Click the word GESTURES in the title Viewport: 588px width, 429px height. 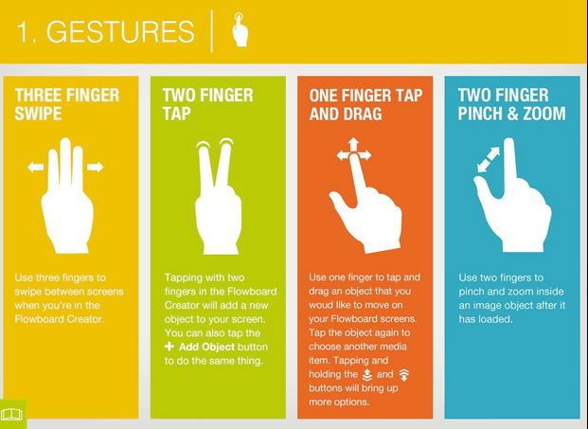[x=120, y=31]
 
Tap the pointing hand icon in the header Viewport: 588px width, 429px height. [x=240, y=29]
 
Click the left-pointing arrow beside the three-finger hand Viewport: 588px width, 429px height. [x=35, y=167]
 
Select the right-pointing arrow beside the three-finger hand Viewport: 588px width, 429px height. [x=96, y=167]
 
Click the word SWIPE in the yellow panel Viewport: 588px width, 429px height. [x=38, y=114]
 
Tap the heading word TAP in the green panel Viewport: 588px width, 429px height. [x=177, y=114]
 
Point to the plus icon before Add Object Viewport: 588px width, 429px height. [x=169, y=347]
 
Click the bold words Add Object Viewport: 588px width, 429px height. [x=206, y=347]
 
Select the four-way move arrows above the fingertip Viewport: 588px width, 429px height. [x=353, y=150]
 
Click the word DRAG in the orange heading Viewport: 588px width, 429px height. [x=363, y=114]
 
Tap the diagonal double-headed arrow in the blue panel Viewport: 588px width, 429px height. [x=489, y=159]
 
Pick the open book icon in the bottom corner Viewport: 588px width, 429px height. [x=11, y=415]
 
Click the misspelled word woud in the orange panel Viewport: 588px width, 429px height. [x=321, y=305]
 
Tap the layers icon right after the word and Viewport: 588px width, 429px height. [x=404, y=374]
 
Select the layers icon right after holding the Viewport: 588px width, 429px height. [x=367, y=374]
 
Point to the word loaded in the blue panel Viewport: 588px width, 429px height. [x=496, y=319]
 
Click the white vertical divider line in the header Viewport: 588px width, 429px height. [x=212, y=31]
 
